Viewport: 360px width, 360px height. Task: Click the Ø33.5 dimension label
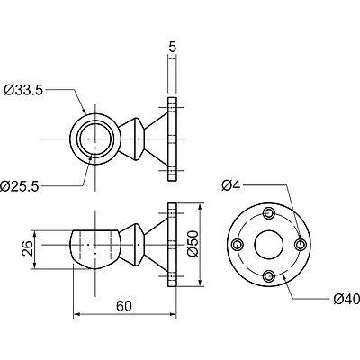23,90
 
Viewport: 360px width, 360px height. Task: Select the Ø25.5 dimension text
20,186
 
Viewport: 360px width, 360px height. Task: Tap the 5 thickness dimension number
172,47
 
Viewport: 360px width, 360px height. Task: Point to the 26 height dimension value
28,248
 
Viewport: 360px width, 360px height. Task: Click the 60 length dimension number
124,306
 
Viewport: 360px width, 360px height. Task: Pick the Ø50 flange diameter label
193,244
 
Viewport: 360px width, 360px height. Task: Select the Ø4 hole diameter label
231,186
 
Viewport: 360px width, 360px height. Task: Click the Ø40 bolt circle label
346,299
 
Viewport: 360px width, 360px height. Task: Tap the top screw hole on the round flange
269,213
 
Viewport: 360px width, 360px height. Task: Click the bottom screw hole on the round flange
269,275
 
